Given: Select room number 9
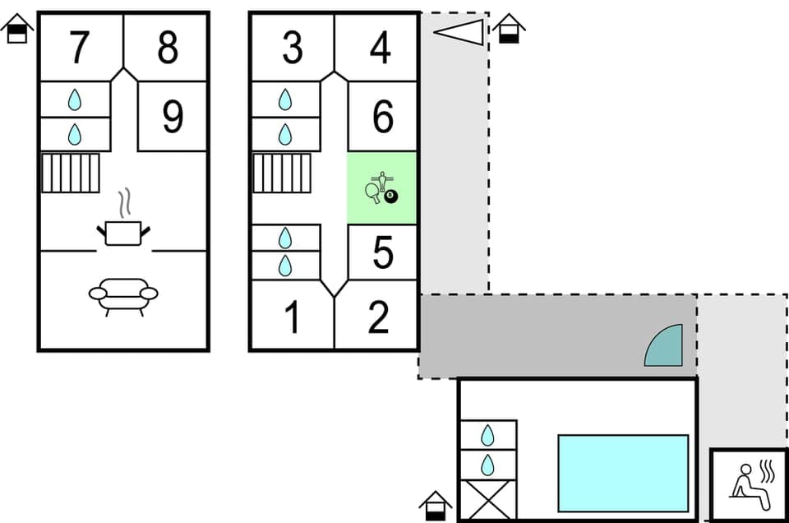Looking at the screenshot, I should click(x=172, y=118).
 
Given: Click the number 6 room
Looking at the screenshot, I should click(x=383, y=118).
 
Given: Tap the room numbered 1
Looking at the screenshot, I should click(x=292, y=318).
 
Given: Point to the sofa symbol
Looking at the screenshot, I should click(x=123, y=294).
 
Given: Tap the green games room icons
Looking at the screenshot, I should click(x=381, y=188).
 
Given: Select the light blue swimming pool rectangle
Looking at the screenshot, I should click(x=623, y=473).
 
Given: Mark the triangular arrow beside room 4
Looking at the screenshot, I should click(x=459, y=31).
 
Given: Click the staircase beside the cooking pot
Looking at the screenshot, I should click(x=71, y=173).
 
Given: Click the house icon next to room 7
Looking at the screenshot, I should click(x=17, y=30).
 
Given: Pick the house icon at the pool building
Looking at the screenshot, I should click(x=436, y=506).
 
